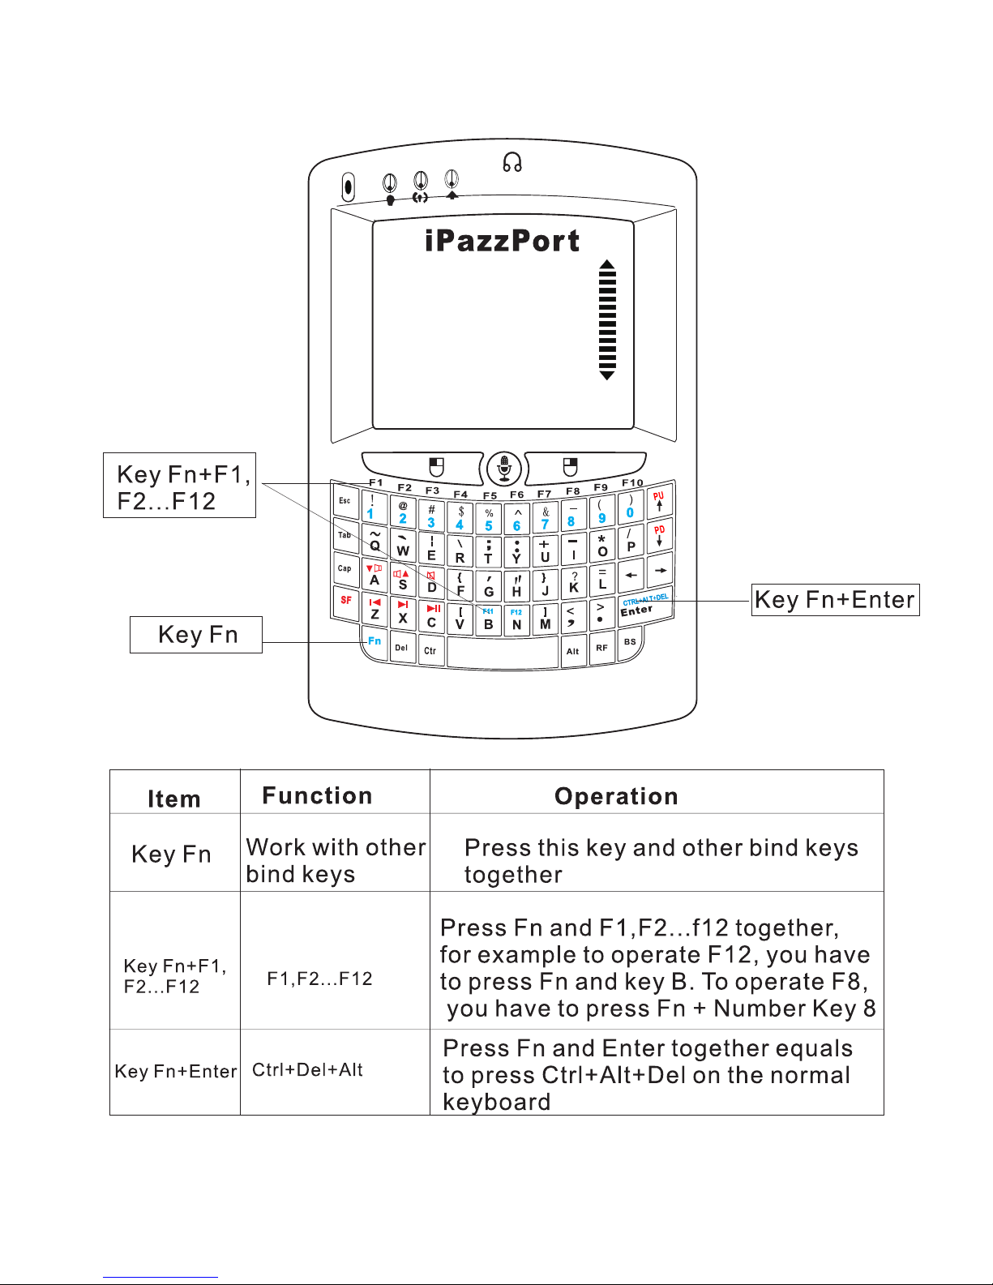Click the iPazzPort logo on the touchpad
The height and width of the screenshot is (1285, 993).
coord(502,241)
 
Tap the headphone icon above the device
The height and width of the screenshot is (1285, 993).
coord(511,163)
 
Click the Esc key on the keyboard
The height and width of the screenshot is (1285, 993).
coord(345,502)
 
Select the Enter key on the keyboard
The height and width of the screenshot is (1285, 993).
coord(638,609)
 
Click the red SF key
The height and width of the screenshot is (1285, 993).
coord(346,601)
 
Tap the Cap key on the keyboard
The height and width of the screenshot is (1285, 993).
coord(345,568)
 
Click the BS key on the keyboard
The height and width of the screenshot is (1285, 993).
coord(630,642)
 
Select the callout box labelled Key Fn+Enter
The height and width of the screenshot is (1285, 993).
coord(835,600)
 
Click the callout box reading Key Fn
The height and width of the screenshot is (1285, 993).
coord(196,635)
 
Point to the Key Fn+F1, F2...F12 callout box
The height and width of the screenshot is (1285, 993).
coord(179,486)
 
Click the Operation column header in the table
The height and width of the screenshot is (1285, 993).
coord(616,796)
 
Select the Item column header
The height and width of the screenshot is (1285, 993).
coord(174,799)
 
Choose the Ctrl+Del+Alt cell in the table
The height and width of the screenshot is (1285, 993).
coord(308,1070)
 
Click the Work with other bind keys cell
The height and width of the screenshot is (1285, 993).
coord(336,860)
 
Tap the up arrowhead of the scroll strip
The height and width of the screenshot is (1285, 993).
coord(607,265)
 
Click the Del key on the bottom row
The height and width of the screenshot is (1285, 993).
coord(401,648)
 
